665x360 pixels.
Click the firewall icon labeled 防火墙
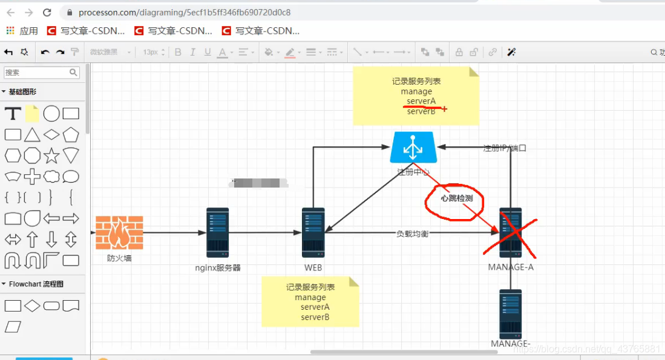[119, 233]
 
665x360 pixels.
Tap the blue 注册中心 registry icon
[413, 148]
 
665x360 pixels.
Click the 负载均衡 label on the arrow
[412, 234]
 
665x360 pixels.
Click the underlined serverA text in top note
[421, 101]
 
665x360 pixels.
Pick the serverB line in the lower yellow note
[315, 317]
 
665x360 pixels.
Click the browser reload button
[47, 12]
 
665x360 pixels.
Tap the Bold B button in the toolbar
[178, 53]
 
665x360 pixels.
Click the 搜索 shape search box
[36, 73]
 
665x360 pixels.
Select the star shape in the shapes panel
[51, 155]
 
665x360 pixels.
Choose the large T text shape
[13, 114]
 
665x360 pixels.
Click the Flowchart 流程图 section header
[36, 284]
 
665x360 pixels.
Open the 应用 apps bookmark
[22, 31]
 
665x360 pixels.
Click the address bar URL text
[185, 12]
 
